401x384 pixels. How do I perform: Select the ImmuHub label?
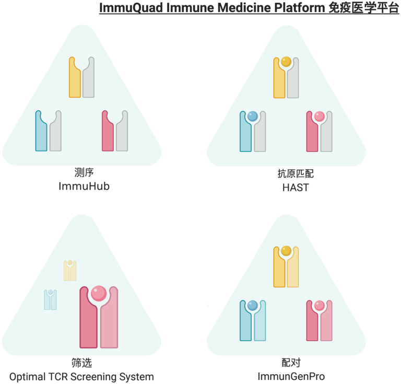pyautogui.click(x=84, y=185)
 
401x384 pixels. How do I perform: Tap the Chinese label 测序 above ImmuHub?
pyautogui.click(x=84, y=172)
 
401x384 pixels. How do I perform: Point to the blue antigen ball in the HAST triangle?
pyautogui.click(x=253, y=116)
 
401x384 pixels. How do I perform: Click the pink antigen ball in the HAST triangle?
pyautogui.click(x=320, y=116)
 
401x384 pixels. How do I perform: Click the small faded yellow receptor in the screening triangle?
pyautogui.click(x=70, y=271)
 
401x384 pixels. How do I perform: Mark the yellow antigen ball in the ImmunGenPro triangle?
pyautogui.click(x=286, y=251)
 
